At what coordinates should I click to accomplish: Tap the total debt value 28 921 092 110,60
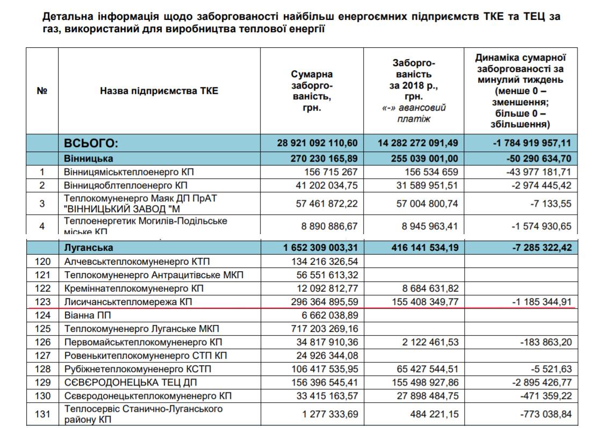click(x=317, y=143)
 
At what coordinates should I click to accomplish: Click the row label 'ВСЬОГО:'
click(x=91, y=143)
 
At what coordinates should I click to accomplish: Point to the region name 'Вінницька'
click(x=89, y=158)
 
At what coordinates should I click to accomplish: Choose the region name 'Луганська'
click(x=89, y=248)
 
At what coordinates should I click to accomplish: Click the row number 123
click(x=42, y=302)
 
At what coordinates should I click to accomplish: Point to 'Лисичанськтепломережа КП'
click(x=128, y=302)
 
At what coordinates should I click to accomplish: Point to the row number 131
click(x=42, y=415)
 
